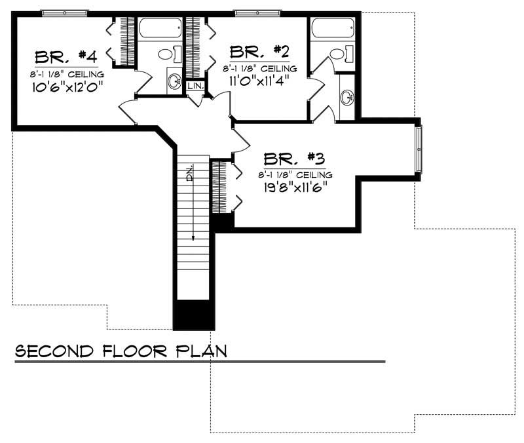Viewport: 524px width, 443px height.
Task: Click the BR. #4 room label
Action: click(x=66, y=57)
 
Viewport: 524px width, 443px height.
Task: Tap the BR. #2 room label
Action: click(x=259, y=52)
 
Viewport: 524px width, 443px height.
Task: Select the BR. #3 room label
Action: click(x=294, y=159)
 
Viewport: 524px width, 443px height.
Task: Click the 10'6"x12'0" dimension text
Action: click(x=67, y=87)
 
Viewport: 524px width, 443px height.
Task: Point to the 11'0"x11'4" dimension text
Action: click(x=259, y=81)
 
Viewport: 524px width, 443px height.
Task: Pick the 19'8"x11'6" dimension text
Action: click(x=295, y=187)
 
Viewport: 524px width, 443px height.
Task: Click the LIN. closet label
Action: click(x=195, y=86)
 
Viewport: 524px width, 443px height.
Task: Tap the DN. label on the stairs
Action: click(x=190, y=173)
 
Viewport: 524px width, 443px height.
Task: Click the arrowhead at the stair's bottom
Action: click(x=193, y=238)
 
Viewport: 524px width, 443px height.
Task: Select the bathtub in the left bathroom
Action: click(x=160, y=28)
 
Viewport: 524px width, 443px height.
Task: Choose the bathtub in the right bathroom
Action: click(x=333, y=28)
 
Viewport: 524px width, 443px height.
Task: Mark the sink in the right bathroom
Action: click(x=347, y=97)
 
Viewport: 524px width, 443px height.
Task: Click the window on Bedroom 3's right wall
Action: click(x=419, y=149)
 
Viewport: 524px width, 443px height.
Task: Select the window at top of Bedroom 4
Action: click(x=64, y=13)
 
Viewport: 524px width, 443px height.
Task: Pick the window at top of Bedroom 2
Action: click(x=257, y=13)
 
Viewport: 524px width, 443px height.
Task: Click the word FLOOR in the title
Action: click(x=134, y=351)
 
